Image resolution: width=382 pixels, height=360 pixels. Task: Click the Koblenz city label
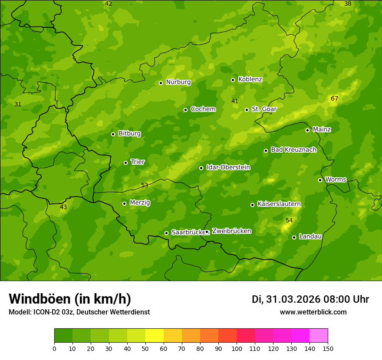[x=250, y=79]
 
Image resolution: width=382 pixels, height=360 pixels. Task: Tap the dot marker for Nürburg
[x=161, y=83]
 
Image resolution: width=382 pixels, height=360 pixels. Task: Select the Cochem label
[x=203, y=109]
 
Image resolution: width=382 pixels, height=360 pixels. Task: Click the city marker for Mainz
[x=307, y=130]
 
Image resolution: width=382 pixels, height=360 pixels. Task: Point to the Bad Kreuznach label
[x=293, y=150]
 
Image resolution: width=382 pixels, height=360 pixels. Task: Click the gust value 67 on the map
[x=334, y=99]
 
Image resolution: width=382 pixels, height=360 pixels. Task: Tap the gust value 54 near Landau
[x=289, y=221]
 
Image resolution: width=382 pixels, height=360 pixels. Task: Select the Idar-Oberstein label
[x=228, y=167]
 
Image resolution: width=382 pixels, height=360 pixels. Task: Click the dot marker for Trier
[x=126, y=163]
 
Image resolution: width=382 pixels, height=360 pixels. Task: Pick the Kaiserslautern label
[x=279, y=204]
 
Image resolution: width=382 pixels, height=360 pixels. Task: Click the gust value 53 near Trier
[x=145, y=186]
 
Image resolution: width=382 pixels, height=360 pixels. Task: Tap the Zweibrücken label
[x=231, y=231]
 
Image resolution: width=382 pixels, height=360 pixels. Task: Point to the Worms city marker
[x=320, y=180]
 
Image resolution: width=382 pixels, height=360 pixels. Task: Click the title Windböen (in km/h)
[x=70, y=299]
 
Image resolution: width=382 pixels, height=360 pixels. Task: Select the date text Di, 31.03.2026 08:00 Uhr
[x=310, y=299]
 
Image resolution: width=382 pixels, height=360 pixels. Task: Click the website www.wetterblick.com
[x=313, y=312]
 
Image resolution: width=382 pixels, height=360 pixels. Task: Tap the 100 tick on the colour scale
[x=237, y=348]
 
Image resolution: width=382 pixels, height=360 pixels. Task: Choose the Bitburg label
[x=129, y=134]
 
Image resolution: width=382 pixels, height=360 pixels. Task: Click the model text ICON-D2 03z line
[x=79, y=312]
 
